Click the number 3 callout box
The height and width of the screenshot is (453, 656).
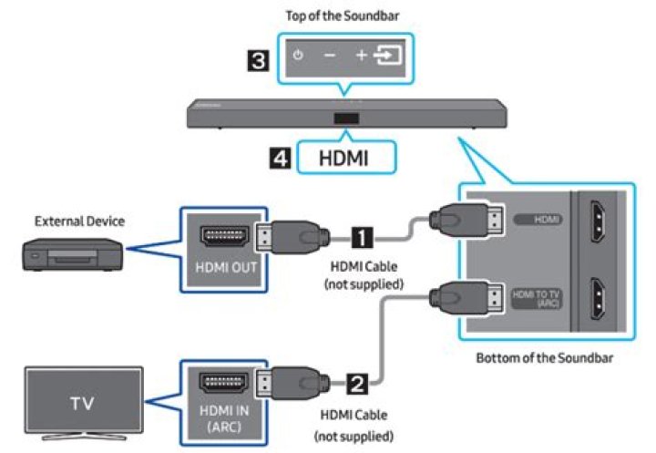pyautogui.click(x=260, y=63)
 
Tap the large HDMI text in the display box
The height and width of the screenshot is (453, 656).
pyautogui.click(x=343, y=158)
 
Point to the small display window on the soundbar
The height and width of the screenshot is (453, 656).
pyautogui.click(x=343, y=118)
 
